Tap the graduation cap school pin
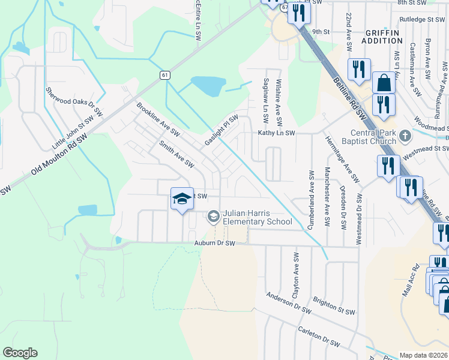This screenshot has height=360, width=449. coord(182,199)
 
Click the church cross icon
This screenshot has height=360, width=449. coord(405,135)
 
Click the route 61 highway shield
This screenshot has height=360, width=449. coord(164,75)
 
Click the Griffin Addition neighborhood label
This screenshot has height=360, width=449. coord(382,36)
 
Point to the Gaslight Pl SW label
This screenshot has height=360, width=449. coord(221,129)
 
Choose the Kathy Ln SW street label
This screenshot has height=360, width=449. coord(277,133)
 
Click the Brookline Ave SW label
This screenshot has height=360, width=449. coord(158,118)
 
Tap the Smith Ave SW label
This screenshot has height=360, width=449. coord(176,154)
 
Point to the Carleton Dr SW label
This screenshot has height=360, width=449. coord(319,337)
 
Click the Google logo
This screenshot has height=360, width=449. coord(20,353)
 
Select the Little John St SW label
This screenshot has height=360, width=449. coord(73,133)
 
